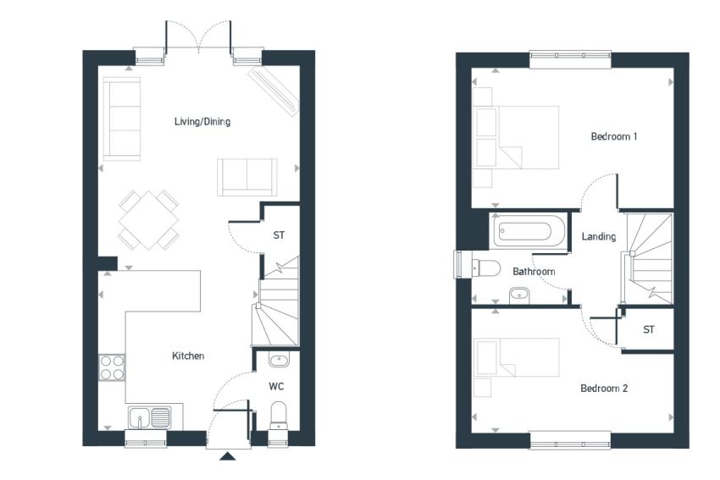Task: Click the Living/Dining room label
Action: point(202,122)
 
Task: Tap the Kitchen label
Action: point(188,356)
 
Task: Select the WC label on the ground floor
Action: point(276,386)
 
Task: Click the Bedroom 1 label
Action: point(614,136)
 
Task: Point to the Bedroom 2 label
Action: point(604,389)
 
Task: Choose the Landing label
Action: point(599,236)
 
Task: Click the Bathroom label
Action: point(534,272)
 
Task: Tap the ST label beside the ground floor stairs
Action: point(279,235)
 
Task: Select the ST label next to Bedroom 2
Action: point(648,329)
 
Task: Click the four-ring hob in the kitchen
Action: point(112,367)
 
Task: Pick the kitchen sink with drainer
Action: point(149,417)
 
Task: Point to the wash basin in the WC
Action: point(279,360)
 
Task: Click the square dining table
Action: point(149,220)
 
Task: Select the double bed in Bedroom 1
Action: point(517,138)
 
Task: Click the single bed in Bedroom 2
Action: point(517,357)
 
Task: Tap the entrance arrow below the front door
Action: point(228,456)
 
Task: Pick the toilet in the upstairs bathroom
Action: point(486,268)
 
